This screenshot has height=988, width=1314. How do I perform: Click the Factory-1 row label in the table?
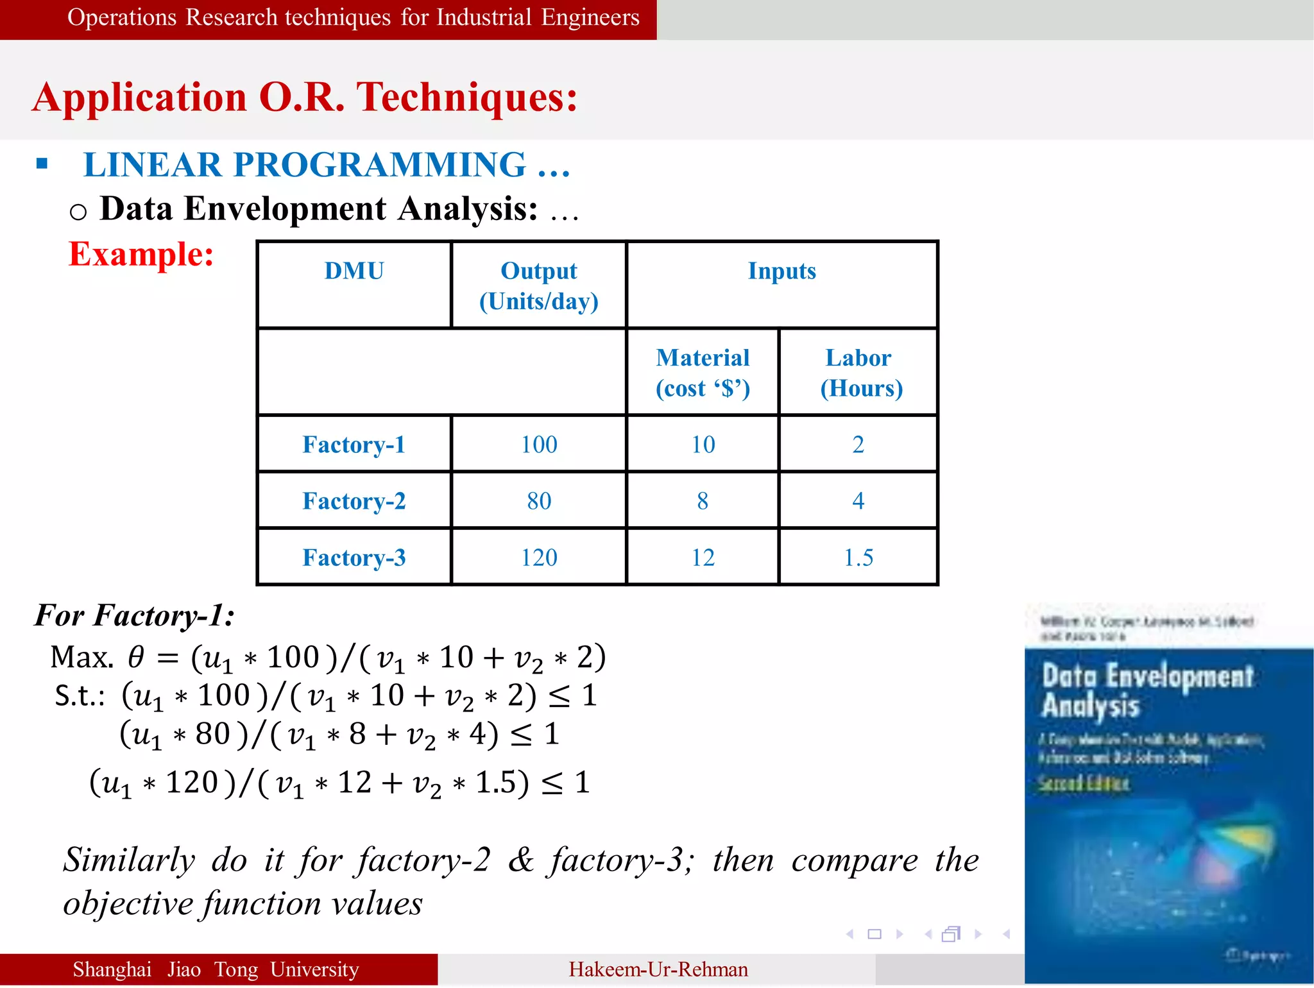coord(354,445)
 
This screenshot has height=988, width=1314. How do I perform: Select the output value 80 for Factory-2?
coord(539,501)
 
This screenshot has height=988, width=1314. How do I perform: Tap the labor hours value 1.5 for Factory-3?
coord(858,558)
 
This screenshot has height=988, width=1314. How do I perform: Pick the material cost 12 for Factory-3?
coord(703,558)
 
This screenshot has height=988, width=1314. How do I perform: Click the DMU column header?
coord(354,271)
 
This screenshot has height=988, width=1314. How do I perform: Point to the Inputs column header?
coord(781,271)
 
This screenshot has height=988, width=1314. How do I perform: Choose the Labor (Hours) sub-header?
coord(860,373)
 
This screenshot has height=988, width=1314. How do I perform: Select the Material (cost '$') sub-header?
coord(703,373)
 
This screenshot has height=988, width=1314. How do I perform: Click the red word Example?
coord(141,254)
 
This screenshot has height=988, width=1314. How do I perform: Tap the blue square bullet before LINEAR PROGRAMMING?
coord(42,164)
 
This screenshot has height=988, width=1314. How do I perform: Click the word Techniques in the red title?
coord(466,98)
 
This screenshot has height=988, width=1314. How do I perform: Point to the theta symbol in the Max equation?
coord(136,657)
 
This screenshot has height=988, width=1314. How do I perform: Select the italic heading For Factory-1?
coord(134,615)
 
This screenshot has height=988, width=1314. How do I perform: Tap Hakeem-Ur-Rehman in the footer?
coord(658,969)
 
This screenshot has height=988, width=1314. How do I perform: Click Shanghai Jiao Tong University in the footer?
coord(216,969)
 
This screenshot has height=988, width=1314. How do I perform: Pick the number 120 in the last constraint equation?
coord(192,783)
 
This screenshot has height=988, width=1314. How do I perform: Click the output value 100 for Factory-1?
coord(539,445)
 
